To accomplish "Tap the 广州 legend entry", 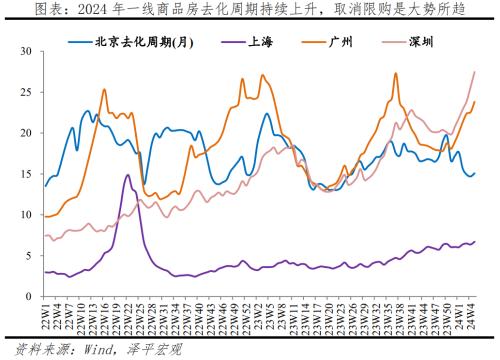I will [344, 42].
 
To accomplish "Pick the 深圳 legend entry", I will [423, 42].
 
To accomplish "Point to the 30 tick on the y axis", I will [27, 51].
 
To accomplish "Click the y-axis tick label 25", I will [27, 92].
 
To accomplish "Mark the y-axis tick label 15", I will [27, 174].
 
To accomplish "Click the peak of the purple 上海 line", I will [128, 175].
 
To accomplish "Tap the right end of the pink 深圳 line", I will [474, 71].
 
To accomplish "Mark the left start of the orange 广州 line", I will [45, 216].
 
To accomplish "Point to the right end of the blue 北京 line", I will [474, 173].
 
